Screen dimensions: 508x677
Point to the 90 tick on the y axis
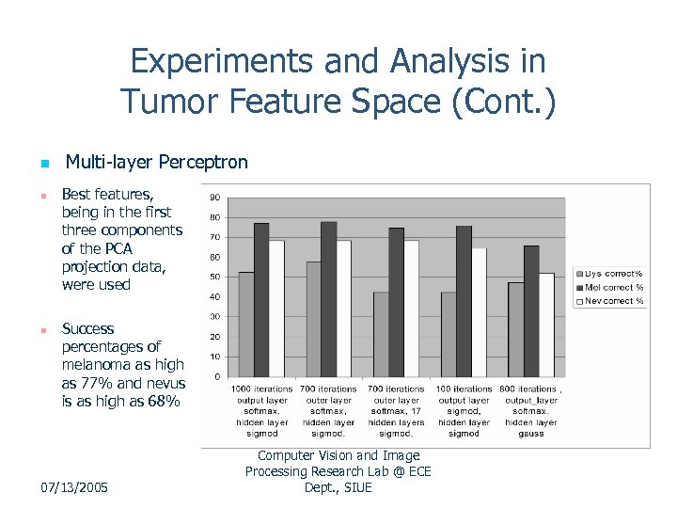click(x=215, y=198)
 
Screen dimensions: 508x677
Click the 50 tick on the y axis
click(x=215, y=277)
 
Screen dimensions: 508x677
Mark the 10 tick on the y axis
click(x=215, y=357)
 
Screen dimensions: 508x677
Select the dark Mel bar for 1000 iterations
click(x=261, y=300)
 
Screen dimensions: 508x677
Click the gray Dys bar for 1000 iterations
click(x=246, y=325)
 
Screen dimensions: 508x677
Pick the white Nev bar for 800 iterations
click(x=546, y=325)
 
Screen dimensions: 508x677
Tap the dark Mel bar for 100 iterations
click(x=464, y=301)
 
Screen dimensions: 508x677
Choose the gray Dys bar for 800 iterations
click(x=516, y=329)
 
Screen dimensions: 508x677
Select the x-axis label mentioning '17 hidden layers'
click(x=396, y=411)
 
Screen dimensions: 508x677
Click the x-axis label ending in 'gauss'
click(x=531, y=411)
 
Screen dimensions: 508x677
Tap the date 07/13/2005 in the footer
click(x=74, y=487)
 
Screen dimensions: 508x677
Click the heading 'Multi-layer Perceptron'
click(x=156, y=163)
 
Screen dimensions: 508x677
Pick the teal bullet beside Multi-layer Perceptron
click(x=43, y=165)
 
